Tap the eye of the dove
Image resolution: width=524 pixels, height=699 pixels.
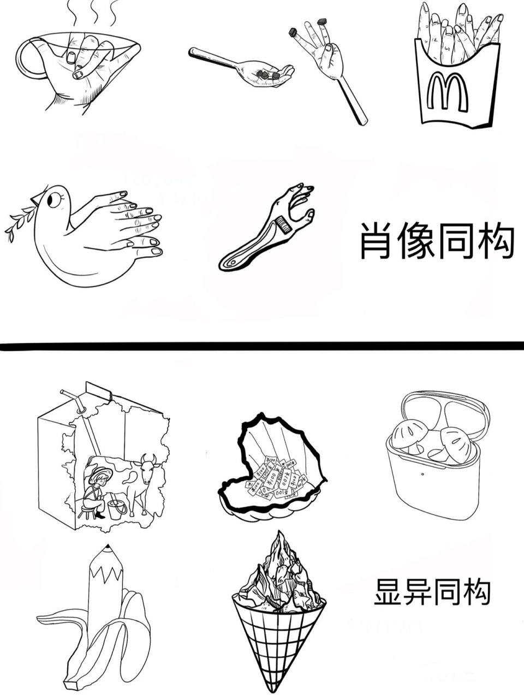pos(53,200)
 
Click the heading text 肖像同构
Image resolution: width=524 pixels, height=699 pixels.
pos(437,240)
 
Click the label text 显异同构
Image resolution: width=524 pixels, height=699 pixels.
pos(432,592)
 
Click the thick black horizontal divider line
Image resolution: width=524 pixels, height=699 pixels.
pos(262,345)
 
